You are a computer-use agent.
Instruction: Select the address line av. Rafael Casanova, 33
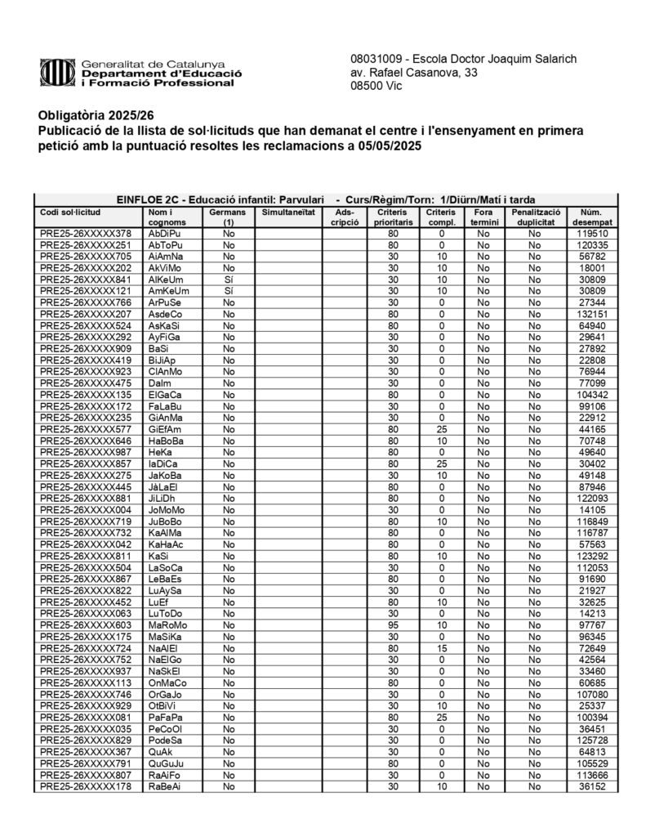[x=413, y=74]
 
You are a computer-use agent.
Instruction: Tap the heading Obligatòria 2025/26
[x=84, y=115]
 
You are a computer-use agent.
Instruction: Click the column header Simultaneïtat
[x=287, y=212]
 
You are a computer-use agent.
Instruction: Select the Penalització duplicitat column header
[x=535, y=217]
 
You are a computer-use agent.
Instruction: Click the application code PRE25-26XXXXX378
[x=85, y=234]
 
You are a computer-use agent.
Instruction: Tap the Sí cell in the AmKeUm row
[x=229, y=291]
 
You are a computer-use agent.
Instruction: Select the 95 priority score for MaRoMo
[x=393, y=624]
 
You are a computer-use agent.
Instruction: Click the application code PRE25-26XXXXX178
[x=85, y=786]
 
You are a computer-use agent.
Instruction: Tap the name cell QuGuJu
[x=167, y=763]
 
